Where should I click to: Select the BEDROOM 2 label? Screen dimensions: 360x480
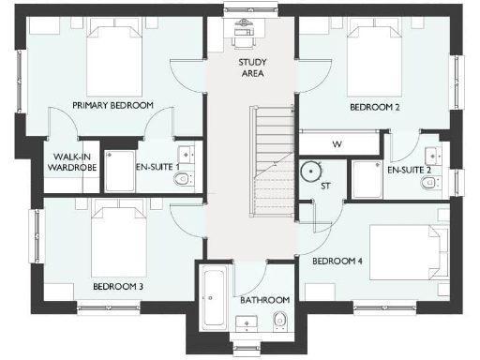click(x=375, y=108)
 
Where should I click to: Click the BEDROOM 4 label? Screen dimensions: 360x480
click(x=337, y=261)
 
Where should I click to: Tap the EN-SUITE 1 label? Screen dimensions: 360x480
click(x=157, y=167)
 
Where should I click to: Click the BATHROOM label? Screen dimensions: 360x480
click(x=264, y=301)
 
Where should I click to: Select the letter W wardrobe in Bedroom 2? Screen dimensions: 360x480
click(x=337, y=143)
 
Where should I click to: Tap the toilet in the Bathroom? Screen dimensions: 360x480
click(x=279, y=324)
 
